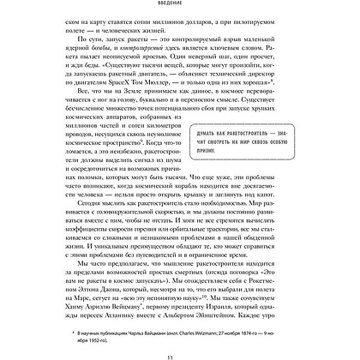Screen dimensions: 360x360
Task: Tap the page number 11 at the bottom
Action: pyautogui.click(x=180, y=351)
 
